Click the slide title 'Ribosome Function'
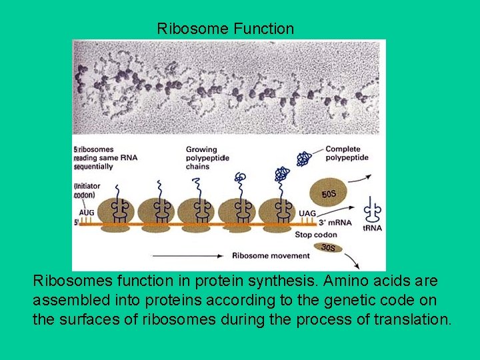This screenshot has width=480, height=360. [x=225, y=29]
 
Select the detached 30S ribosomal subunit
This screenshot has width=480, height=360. [x=329, y=248]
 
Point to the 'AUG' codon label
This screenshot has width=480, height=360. [x=87, y=213]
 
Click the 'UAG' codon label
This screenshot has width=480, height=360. [x=307, y=213]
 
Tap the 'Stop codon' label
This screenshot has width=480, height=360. [x=316, y=235]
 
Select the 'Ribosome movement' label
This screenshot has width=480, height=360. [x=271, y=255]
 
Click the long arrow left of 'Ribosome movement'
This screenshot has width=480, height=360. [x=189, y=255]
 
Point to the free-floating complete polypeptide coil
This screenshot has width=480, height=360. [x=304, y=159]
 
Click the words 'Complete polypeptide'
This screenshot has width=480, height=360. [x=343, y=153]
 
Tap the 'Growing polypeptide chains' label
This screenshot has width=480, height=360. [x=207, y=158]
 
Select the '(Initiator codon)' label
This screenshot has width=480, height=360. [x=85, y=190]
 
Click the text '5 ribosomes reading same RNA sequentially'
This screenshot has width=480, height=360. [x=94, y=158]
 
